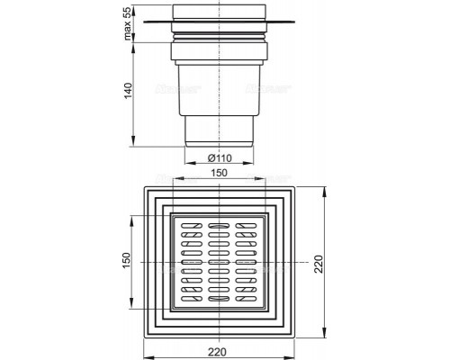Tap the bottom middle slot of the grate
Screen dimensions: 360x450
(x=219, y=299)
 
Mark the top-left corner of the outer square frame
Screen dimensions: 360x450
(x=142, y=186)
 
